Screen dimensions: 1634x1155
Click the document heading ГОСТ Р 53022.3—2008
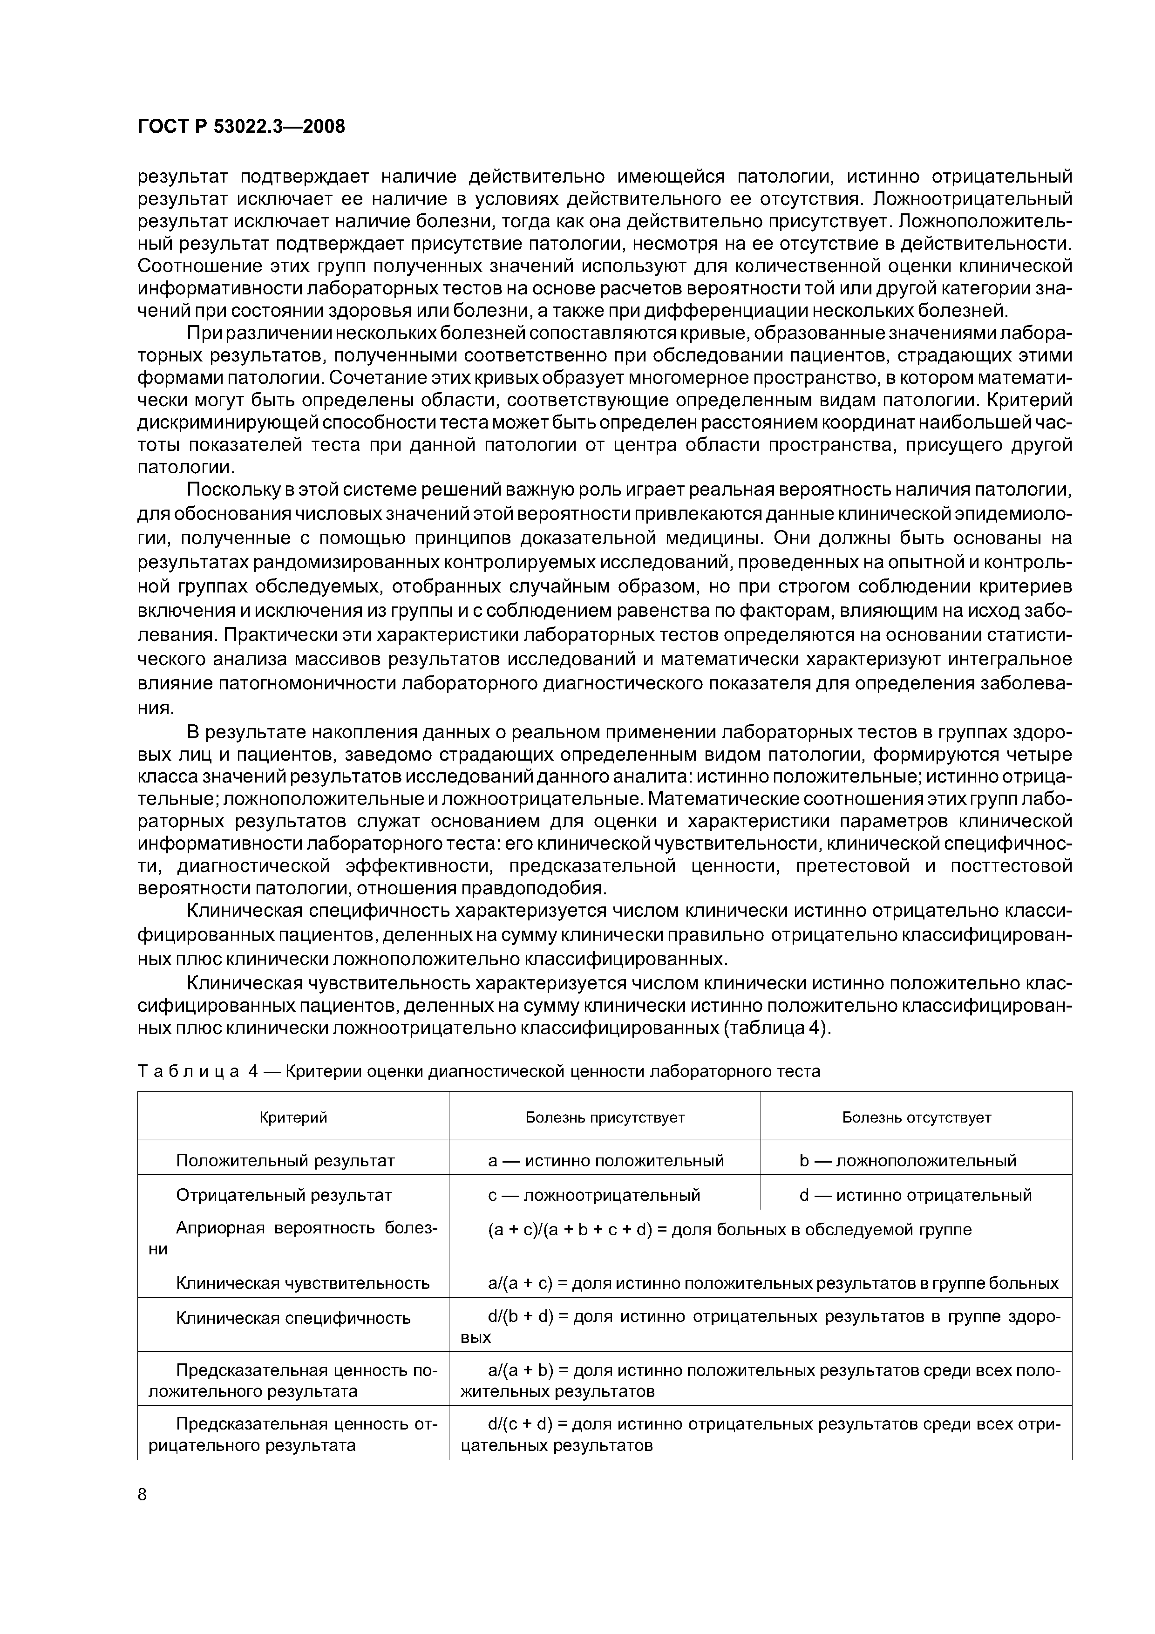pyautogui.click(x=240, y=127)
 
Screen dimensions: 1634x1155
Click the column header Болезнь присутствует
pyautogui.click(x=605, y=1117)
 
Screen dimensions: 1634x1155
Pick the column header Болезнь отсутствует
pyautogui.click(x=917, y=1117)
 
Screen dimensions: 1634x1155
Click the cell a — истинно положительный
pyautogui.click(x=605, y=1161)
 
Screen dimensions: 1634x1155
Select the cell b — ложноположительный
pyautogui.click(x=907, y=1161)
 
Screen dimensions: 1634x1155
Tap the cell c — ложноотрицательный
pyautogui.click(x=594, y=1195)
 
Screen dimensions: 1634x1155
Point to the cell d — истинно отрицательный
pyautogui.click(x=915, y=1195)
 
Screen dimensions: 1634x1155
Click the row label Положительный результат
pyautogui.click(x=285, y=1161)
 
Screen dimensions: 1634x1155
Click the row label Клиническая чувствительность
pyautogui.click(x=302, y=1283)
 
